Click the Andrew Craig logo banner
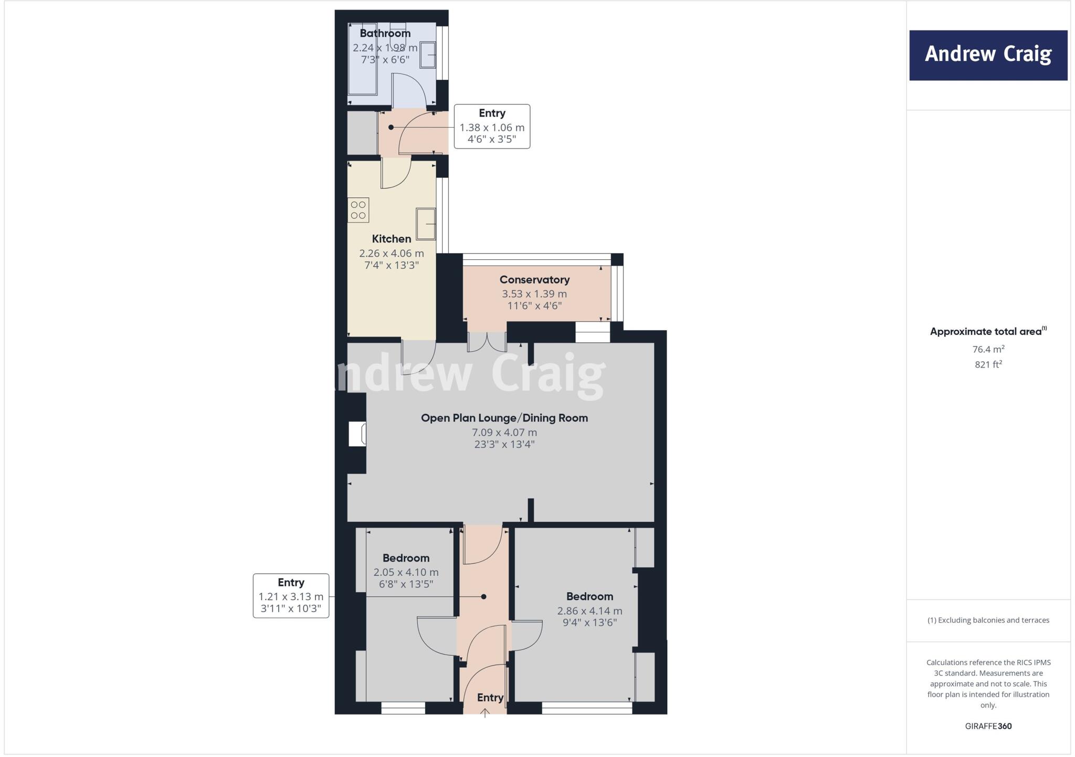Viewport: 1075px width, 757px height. click(988, 55)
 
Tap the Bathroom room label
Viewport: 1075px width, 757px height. click(385, 34)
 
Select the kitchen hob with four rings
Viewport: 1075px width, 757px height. click(359, 210)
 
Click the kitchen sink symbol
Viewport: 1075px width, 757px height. click(426, 223)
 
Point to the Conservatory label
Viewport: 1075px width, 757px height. click(534, 280)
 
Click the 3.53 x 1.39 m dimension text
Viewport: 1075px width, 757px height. click(534, 294)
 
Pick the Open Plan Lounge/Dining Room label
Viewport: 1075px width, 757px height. click(504, 418)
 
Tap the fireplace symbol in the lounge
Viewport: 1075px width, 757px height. click(358, 435)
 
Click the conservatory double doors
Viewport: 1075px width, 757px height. click(487, 342)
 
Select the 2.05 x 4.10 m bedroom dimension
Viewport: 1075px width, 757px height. click(406, 572)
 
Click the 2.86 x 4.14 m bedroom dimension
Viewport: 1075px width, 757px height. click(589, 611)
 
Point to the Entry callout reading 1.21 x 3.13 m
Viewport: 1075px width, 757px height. click(291, 596)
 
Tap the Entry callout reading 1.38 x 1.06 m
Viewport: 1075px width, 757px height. click(492, 127)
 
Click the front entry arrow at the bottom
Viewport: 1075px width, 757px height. click(485, 712)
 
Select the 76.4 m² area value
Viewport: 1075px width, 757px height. click(988, 349)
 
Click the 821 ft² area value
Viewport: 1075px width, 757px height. click(988, 364)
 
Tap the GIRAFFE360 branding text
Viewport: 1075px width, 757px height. click(988, 726)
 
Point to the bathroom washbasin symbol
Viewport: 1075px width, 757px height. click(427, 55)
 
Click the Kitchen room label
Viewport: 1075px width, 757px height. click(391, 239)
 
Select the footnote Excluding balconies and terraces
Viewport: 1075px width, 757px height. click(988, 620)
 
